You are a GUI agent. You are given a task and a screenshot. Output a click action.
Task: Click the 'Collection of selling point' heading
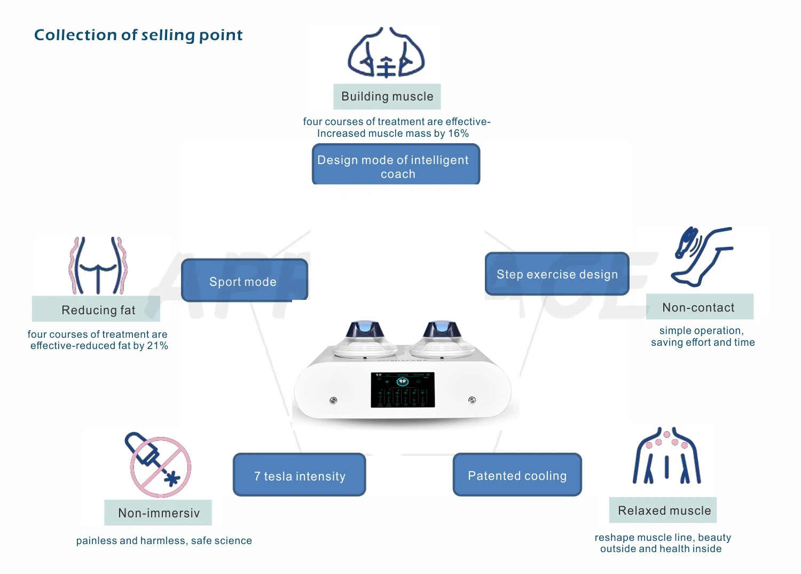click(138, 35)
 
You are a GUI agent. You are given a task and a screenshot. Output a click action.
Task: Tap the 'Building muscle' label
click(387, 97)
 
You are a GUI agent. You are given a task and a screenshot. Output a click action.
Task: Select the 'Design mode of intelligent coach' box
click(396, 165)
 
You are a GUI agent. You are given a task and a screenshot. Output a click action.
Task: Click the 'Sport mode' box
click(244, 280)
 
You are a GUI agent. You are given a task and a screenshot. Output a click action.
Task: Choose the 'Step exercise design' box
click(557, 274)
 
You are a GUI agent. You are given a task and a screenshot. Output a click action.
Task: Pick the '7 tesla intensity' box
click(299, 475)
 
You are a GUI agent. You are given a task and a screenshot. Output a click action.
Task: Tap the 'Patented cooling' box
click(517, 475)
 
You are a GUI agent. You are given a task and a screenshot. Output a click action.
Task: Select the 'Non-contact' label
click(700, 307)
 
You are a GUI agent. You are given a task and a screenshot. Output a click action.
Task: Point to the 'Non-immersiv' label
click(158, 513)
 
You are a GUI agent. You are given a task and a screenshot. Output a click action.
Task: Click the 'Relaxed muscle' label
click(663, 510)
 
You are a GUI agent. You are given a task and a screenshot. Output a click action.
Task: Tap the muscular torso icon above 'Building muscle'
click(386, 52)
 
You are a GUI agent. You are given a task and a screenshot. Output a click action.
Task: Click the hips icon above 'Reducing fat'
click(98, 266)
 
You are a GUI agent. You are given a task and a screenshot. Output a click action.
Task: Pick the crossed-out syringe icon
click(158, 464)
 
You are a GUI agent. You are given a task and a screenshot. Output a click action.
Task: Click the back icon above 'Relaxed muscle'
click(666, 455)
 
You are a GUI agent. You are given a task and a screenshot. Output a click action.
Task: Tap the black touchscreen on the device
click(403, 390)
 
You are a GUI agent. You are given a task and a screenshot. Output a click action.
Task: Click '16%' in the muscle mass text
click(458, 134)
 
